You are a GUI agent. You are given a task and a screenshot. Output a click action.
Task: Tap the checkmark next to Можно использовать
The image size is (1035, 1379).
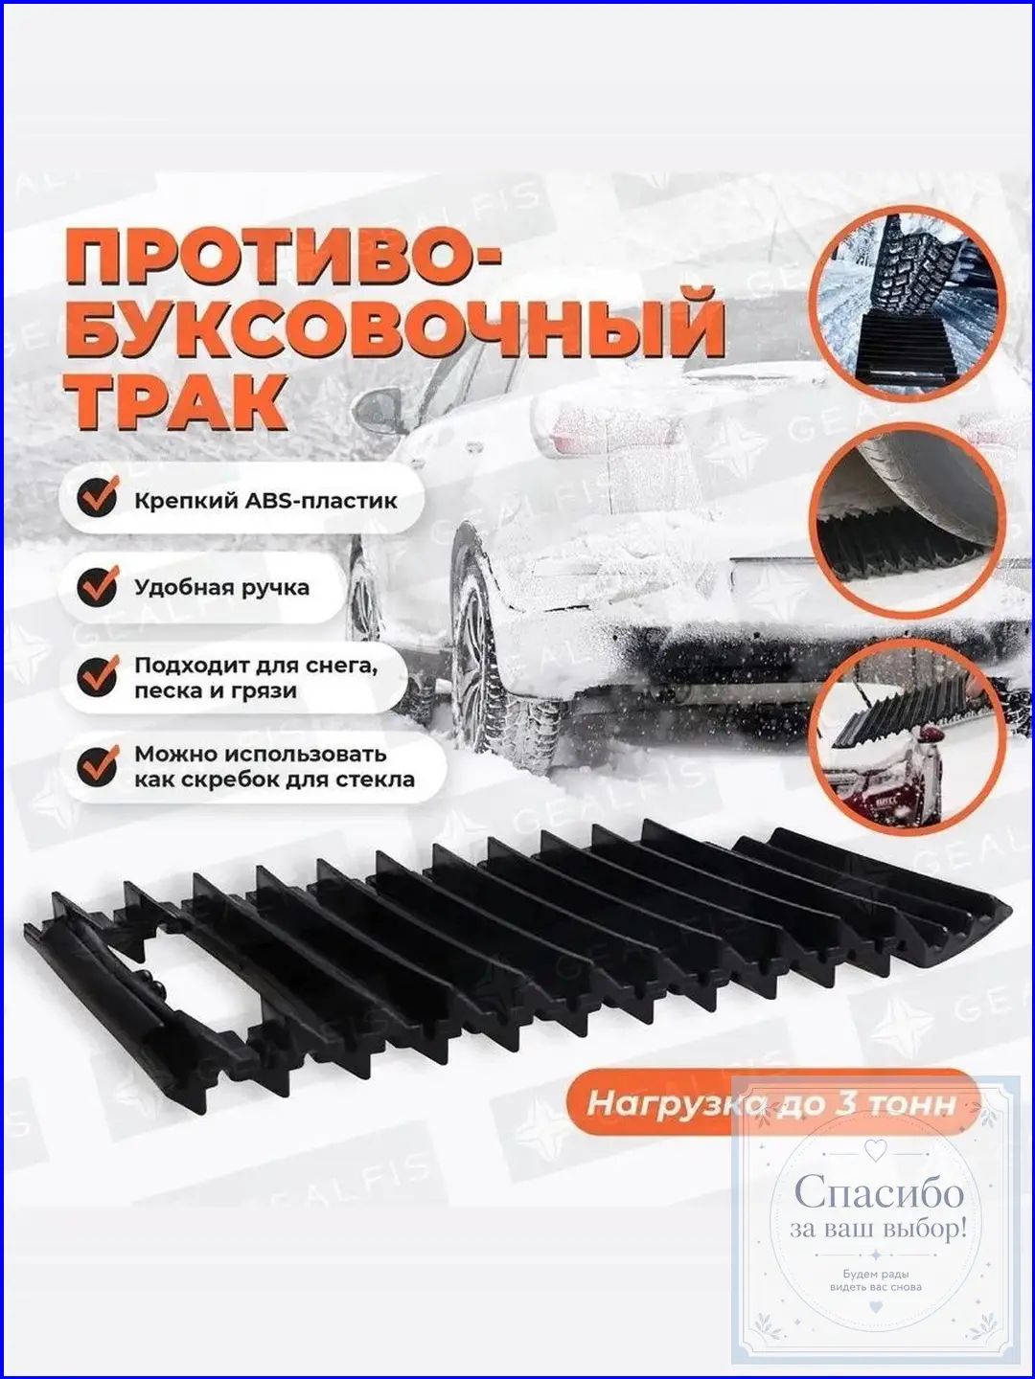point(98,765)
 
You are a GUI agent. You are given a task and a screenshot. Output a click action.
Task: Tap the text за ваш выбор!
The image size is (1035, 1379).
point(878,1229)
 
